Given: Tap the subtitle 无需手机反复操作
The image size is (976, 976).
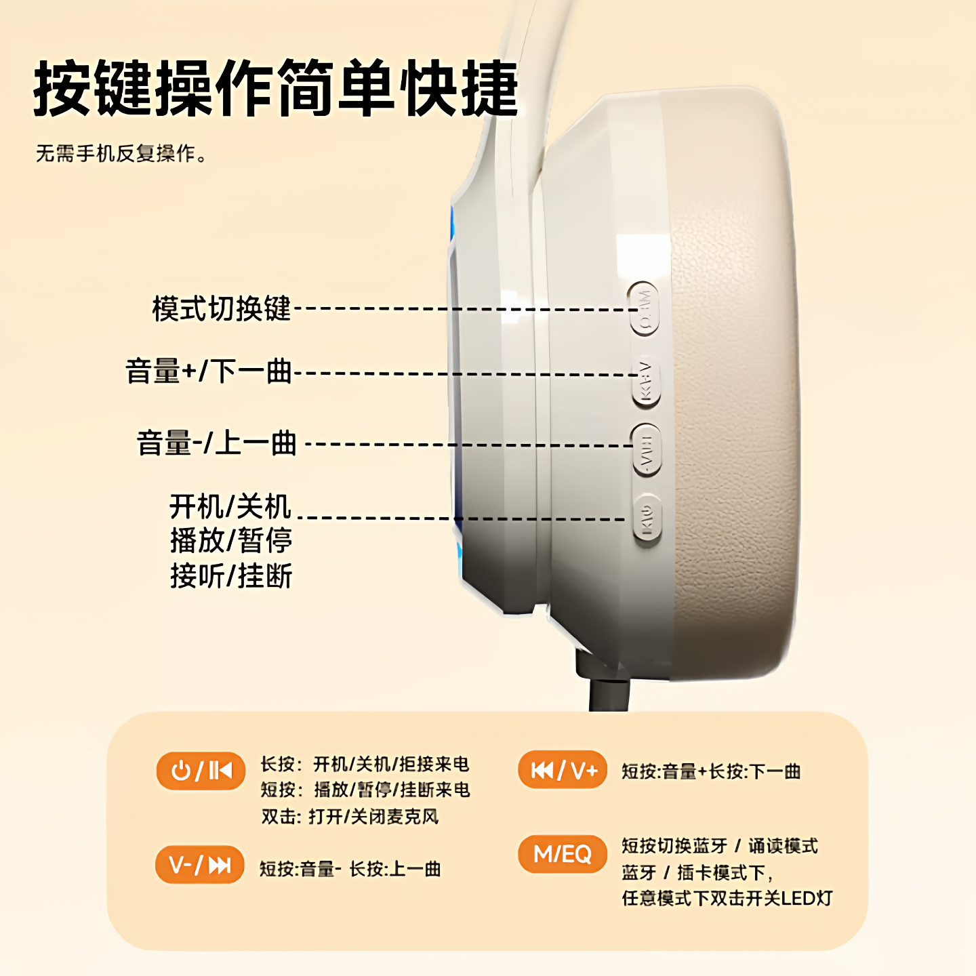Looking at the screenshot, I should tap(121, 154).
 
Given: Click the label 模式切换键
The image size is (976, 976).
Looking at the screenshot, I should tap(221, 309).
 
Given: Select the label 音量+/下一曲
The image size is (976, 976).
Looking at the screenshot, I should tap(209, 372).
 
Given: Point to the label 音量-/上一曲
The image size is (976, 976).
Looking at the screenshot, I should tap(217, 443).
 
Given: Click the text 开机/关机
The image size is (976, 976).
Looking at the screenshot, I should tap(230, 506).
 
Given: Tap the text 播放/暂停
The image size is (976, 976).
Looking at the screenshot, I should tap(230, 541).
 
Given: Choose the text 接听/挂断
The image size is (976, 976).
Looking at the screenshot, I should tap(230, 576).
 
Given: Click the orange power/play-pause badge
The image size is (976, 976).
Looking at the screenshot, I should tap(201, 771).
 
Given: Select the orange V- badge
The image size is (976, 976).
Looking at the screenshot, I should tap(200, 865).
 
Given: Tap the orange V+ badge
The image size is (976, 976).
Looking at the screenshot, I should tap(563, 770).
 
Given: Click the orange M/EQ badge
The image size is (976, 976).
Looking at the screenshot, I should tap(563, 854).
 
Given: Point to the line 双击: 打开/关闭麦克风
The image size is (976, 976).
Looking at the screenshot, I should tap(350, 817).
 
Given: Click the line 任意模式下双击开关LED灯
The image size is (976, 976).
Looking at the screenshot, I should tap(727, 899).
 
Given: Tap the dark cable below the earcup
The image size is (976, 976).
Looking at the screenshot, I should tap(608, 691).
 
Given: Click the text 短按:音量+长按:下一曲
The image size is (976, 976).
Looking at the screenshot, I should tap(711, 771).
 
